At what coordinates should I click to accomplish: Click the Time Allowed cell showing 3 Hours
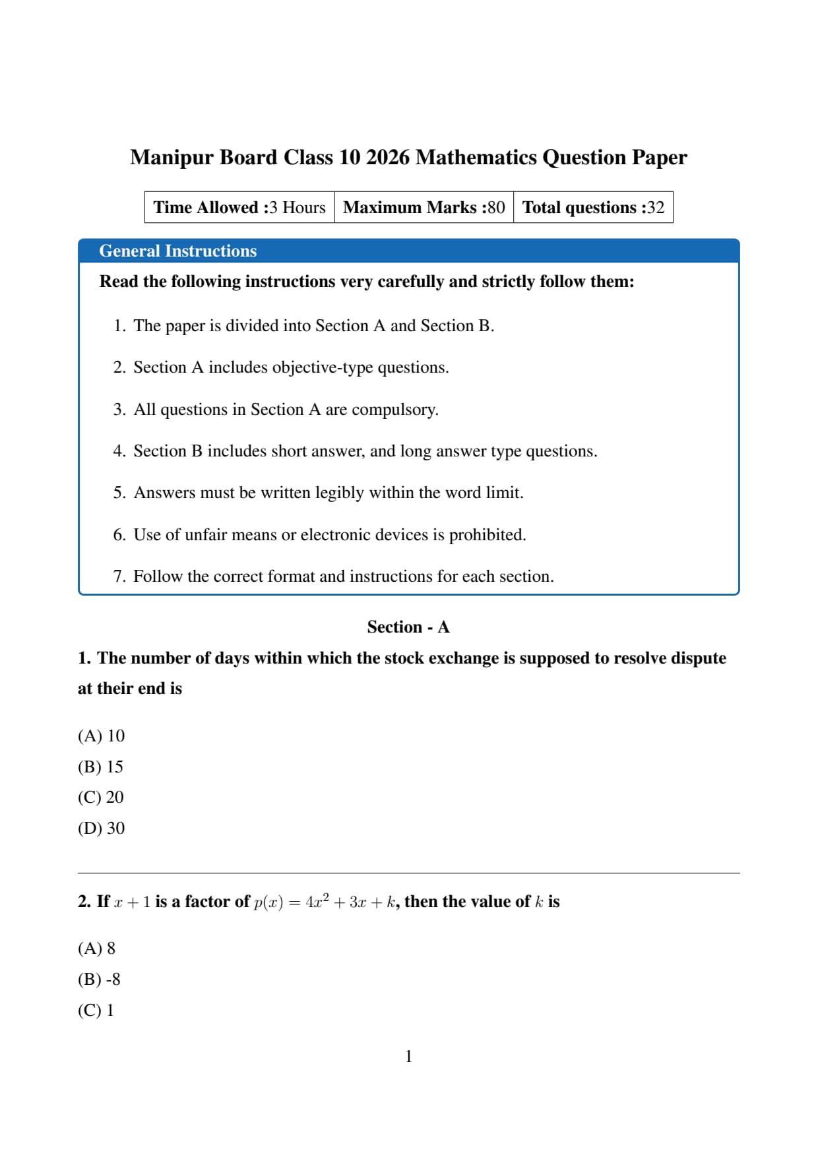tap(239, 208)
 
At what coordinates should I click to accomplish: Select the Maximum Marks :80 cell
tap(424, 208)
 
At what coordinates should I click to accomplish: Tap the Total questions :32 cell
tap(593, 208)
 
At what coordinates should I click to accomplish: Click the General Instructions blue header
tap(177, 251)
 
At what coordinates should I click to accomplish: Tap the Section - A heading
tap(408, 627)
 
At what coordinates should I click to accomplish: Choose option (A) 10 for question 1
tap(101, 736)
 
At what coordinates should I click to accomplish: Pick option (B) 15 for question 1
tap(100, 767)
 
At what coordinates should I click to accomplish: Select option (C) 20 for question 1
tap(100, 797)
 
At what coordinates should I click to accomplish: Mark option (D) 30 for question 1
tap(101, 829)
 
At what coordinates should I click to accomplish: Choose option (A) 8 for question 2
tap(96, 949)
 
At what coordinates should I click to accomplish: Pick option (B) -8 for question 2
tap(99, 980)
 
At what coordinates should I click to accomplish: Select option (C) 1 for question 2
tap(96, 1011)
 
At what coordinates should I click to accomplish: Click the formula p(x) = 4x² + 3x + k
tap(326, 902)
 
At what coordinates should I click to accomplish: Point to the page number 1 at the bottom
tap(408, 1057)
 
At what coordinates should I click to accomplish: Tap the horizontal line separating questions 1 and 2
tap(408, 873)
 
